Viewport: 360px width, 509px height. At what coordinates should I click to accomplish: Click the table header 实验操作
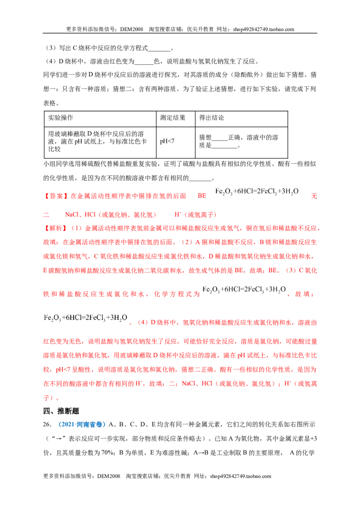[60, 117]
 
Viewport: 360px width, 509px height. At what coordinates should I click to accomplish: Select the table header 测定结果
[172, 117]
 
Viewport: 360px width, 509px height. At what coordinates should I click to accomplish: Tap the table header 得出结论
[211, 117]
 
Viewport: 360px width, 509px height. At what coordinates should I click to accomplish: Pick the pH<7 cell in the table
[167, 141]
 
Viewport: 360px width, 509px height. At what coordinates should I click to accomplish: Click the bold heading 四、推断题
[61, 411]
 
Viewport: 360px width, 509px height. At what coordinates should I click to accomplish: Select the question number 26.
[47, 424]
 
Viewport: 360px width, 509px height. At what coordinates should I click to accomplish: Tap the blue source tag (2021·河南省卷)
[82, 424]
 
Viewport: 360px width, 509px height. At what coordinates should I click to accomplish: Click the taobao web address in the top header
[264, 29]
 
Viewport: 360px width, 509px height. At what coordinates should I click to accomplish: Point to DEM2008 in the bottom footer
[108, 476]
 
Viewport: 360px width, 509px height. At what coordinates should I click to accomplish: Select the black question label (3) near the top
[51, 48]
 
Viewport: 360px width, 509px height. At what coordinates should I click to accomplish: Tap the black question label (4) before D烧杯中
[51, 61]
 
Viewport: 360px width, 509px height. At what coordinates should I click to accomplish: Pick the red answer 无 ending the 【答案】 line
[314, 196]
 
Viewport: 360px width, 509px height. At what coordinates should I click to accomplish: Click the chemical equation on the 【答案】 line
[257, 192]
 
